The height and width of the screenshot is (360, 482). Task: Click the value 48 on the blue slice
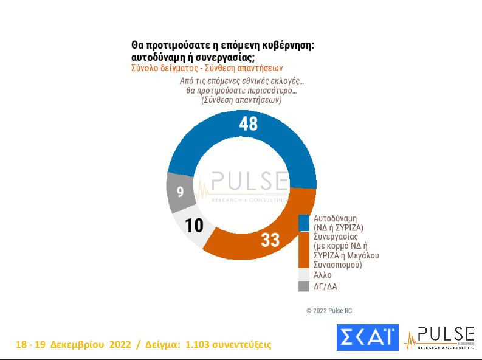249,123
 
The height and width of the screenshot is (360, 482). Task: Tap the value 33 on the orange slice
270,240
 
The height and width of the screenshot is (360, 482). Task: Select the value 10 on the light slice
194,226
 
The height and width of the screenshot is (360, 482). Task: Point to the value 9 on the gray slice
180,192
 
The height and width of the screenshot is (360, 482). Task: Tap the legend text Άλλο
322,275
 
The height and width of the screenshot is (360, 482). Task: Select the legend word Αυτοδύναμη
335,218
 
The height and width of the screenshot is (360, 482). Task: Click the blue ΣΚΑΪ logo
367,337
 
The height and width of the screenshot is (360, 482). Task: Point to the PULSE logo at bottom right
440,338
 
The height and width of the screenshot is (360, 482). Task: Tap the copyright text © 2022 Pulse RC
329,311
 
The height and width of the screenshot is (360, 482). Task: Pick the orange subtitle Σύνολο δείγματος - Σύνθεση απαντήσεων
207,68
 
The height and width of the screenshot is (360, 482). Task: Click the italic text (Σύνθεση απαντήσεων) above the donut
241,100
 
